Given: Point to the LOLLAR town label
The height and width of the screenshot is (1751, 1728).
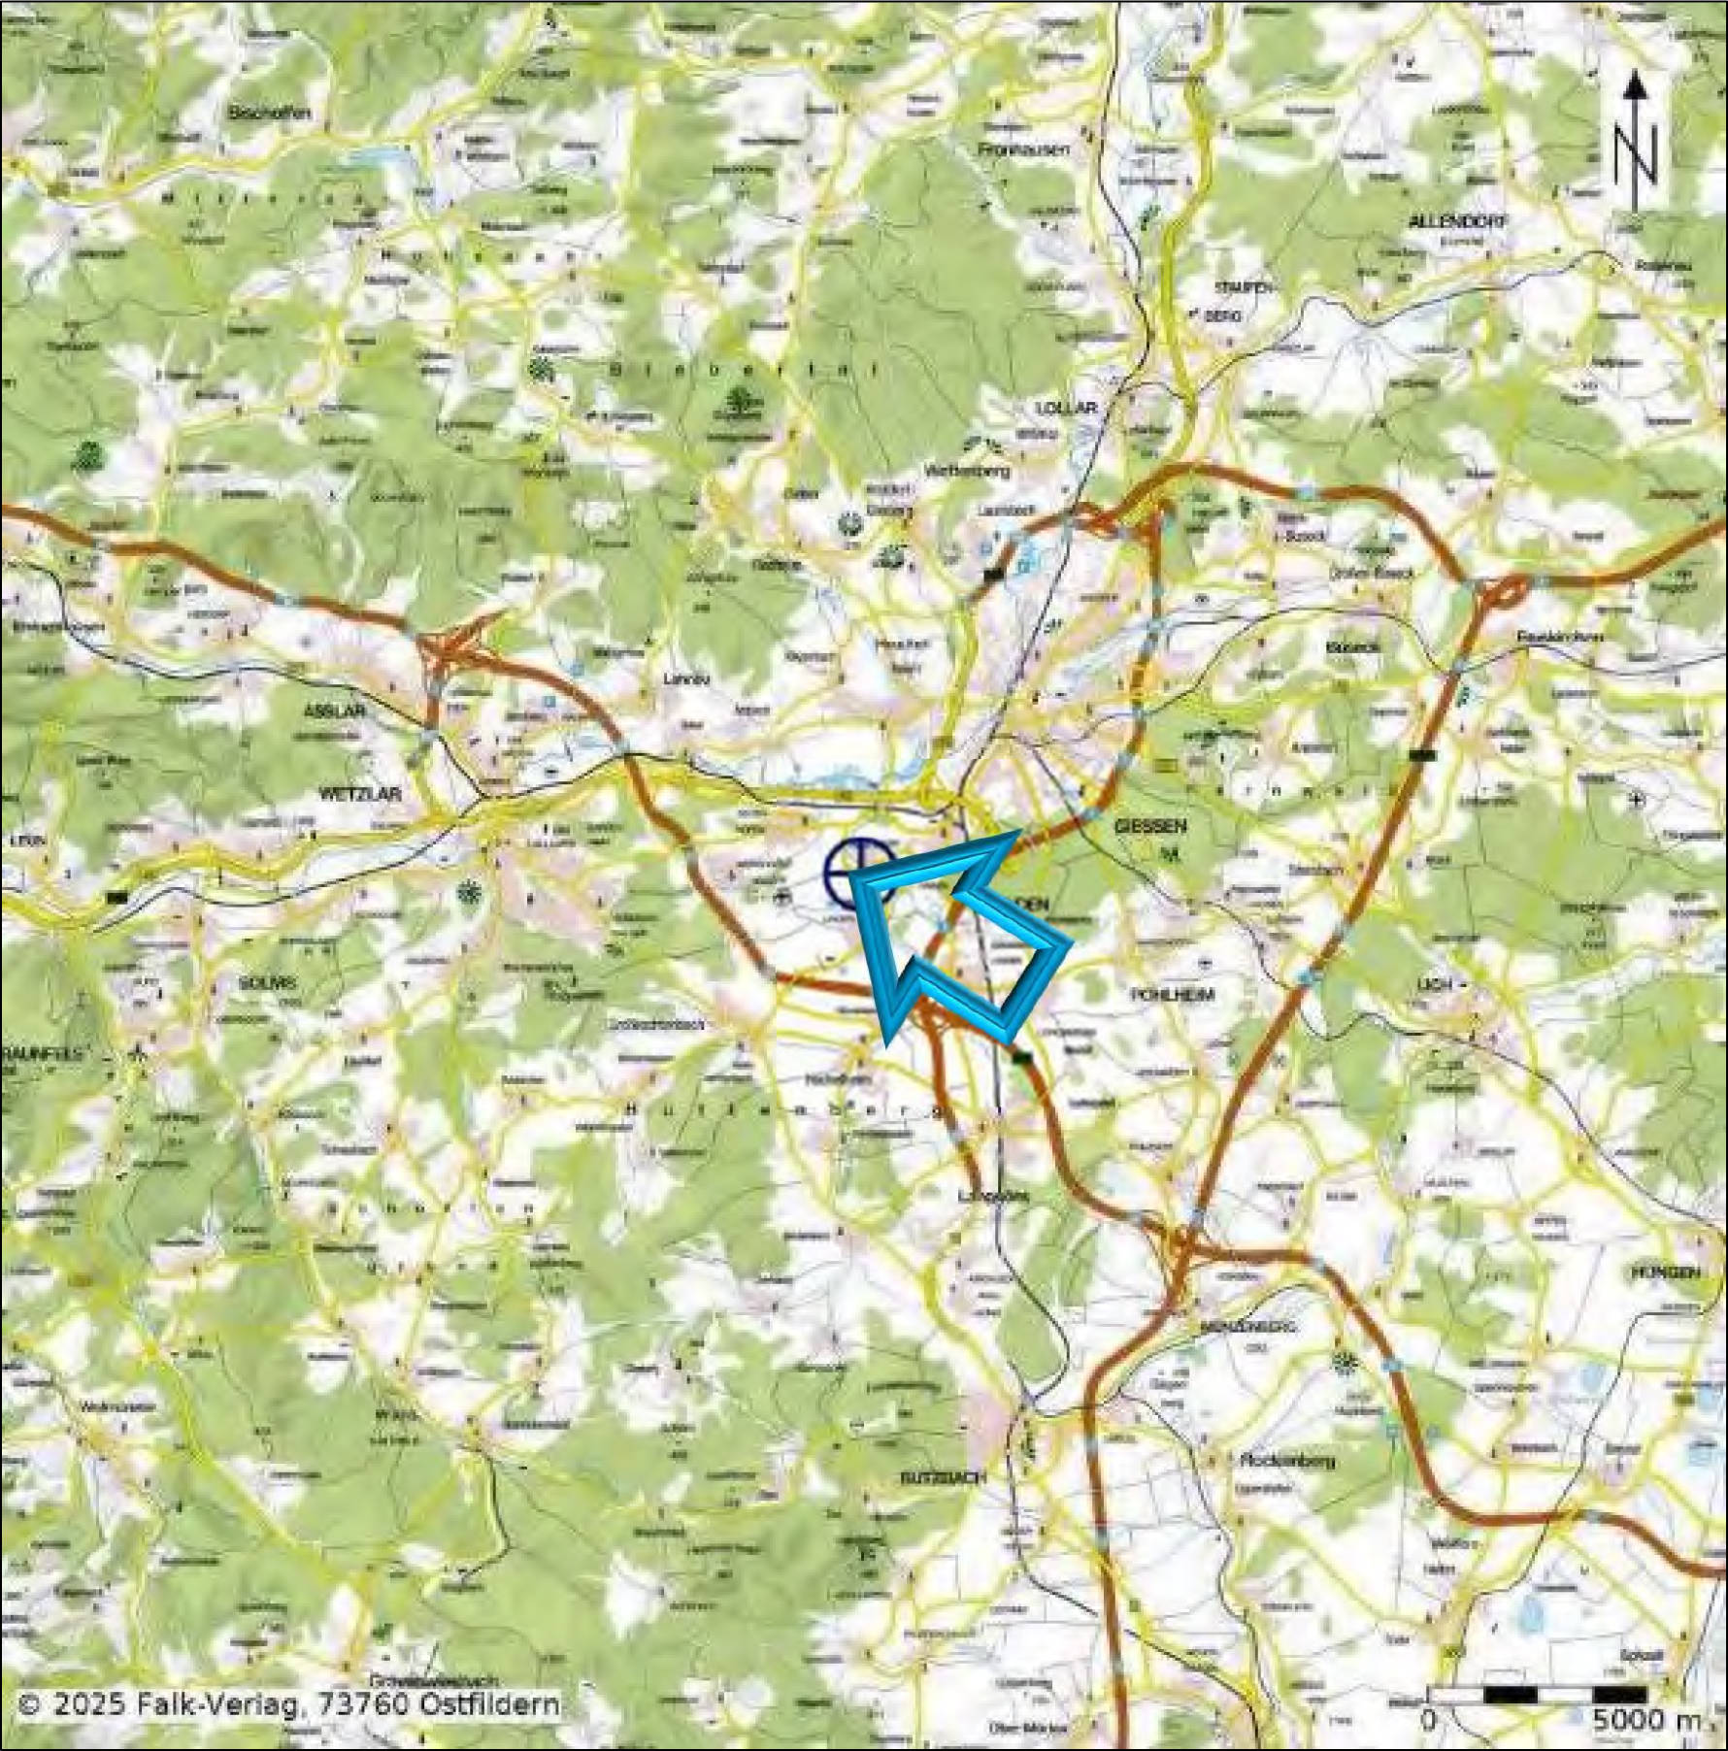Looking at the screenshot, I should [1066, 408].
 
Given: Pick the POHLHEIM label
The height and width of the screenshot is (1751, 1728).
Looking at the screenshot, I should [1173, 995].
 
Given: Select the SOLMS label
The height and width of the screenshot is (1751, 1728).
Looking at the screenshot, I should [267, 981].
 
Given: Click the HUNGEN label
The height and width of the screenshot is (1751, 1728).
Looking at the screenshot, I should [1665, 1272].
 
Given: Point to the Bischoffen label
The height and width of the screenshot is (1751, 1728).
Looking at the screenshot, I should [269, 113].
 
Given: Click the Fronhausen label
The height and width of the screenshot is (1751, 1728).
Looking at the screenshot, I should [1024, 149].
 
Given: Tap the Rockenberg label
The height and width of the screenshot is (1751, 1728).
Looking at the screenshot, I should [1287, 1461].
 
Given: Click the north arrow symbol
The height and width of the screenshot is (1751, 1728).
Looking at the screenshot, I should [1636, 141].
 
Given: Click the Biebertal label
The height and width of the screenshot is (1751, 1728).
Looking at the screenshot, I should [744, 370].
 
